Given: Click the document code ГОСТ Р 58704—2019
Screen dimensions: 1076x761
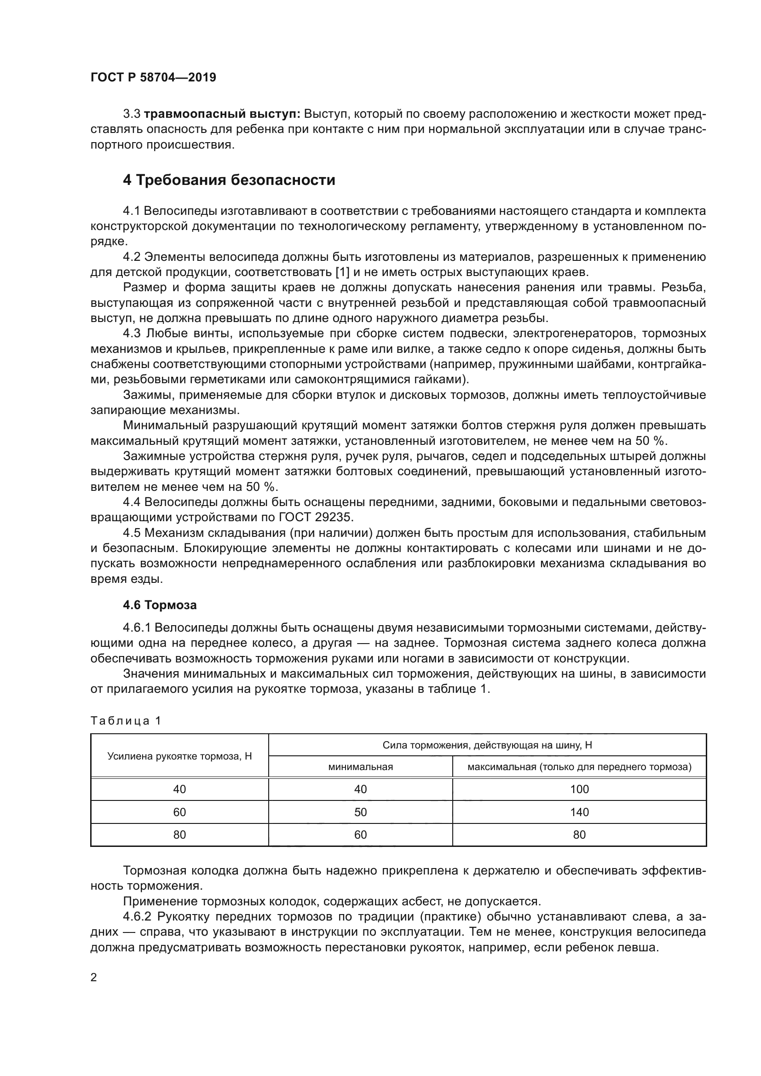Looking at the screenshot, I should click(x=153, y=77).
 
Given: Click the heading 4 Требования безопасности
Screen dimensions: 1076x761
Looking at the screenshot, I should click(x=229, y=180).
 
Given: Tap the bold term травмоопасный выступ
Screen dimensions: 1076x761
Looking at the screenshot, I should click(x=222, y=114).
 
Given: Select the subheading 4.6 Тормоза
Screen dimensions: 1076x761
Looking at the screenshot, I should click(x=159, y=605).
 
